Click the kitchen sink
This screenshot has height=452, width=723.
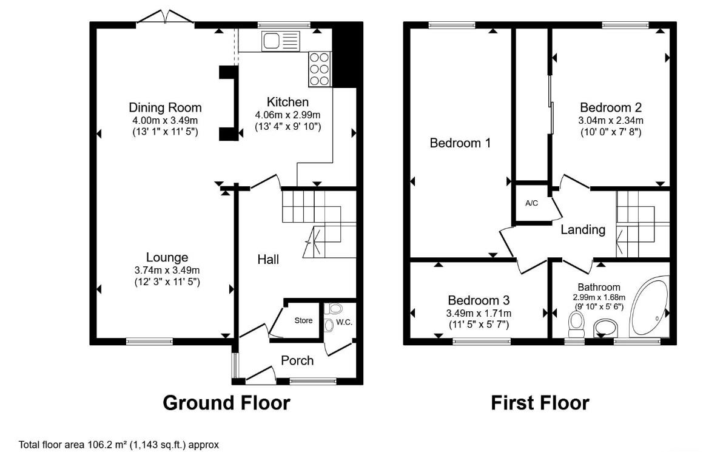pos(281,41)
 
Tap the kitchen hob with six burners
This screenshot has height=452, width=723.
pos(320,69)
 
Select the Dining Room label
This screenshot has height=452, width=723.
pos(165,107)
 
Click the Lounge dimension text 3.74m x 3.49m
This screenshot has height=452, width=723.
pos(167,270)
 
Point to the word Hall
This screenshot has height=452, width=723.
pos(268,260)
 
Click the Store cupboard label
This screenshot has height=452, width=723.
pos(303,320)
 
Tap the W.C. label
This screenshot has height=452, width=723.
pos(344,322)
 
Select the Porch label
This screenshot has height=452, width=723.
pos(297,360)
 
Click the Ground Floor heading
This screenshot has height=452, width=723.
pos(226,403)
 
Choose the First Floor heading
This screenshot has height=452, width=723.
pos(540,403)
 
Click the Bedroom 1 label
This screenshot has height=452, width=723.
pos(460,143)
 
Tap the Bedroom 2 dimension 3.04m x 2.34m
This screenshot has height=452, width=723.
pos(611,120)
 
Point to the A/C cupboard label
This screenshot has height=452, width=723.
pos(532,203)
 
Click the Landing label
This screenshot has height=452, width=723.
pos(583,229)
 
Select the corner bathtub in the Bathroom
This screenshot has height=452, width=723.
pos(650,306)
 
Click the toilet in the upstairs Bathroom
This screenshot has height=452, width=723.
pos(576,325)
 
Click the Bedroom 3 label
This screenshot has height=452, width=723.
pos(479,300)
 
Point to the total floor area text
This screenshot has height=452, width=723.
pos(118,445)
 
